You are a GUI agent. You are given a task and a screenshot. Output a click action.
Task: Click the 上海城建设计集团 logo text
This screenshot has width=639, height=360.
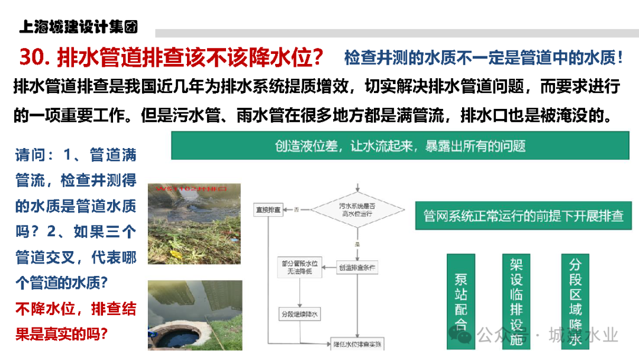pyautogui.click(x=78, y=27)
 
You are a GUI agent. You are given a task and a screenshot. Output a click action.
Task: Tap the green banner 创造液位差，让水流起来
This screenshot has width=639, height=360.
pyautogui.click(x=400, y=146)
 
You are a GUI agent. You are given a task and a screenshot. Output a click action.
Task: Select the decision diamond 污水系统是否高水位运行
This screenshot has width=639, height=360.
pyautogui.click(x=357, y=209)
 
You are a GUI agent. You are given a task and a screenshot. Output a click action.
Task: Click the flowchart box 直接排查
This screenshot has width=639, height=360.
pyautogui.click(x=268, y=210)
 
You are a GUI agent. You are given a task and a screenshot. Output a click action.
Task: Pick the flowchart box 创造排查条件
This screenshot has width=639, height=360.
pyautogui.click(x=357, y=268)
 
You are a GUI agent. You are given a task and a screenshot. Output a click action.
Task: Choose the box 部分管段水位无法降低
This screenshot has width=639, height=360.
pyautogui.click(x=299, y=268)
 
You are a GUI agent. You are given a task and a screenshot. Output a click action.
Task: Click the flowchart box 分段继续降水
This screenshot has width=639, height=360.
pyautogui.click(x=299, y=314)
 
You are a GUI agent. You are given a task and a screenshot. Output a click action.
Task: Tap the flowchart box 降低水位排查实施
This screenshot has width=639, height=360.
pyautogui.click(x=357, y=344)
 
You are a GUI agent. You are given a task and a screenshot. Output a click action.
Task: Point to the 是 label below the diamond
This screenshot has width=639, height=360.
pyautogui.click(x=357, y=243)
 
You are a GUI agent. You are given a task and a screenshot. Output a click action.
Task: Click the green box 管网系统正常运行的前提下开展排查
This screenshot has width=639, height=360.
pyautogui.click(x=524, y=216)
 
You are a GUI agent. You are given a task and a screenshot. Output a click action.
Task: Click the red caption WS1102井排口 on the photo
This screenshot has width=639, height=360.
pyautogui.click(x=192, y=189)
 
